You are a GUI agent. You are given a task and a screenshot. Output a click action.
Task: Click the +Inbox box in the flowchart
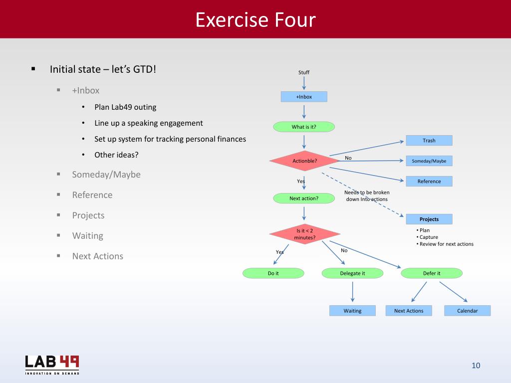[x=304, y=97]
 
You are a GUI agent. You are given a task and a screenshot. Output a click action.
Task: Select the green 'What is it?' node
[x=304, y=127]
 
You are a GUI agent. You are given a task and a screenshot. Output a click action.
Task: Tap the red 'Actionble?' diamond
[x=304, y=161]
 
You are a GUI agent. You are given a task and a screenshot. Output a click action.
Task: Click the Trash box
[x=429, y=141]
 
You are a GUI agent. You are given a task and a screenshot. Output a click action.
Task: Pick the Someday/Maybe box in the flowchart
[x=429, y=161]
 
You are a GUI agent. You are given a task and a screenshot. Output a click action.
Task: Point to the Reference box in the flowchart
[x=429, y=182]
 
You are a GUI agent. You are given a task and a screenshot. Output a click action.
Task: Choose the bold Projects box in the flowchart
[x=429, y=219]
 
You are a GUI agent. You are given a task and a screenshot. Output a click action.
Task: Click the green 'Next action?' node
[x=304, y=198]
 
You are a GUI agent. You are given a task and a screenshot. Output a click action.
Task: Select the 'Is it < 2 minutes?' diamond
[x=304, y=234]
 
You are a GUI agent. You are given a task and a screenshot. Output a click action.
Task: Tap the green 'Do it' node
[x=273, y=273]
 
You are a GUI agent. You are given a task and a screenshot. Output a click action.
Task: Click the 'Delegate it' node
[x=352, y=273]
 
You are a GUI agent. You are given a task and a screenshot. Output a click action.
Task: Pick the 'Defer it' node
[x=432, y=273]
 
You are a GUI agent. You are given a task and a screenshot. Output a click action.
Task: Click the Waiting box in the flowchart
[x=352, y=311]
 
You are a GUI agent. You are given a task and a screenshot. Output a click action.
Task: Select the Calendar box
[x=468, y=311]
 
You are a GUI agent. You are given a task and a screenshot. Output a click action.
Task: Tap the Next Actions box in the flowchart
[x=409, y=311]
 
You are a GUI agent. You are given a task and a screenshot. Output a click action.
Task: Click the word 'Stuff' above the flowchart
[x=304, y=72]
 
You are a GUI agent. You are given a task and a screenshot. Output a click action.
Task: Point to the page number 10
[x=476, y=366]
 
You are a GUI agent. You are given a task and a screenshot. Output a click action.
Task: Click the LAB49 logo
[x=52, y=364]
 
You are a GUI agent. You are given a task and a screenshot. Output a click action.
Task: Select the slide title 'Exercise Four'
[x=255, y=20]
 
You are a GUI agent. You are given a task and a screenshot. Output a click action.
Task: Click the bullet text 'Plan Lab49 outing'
[x=125, y=107]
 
